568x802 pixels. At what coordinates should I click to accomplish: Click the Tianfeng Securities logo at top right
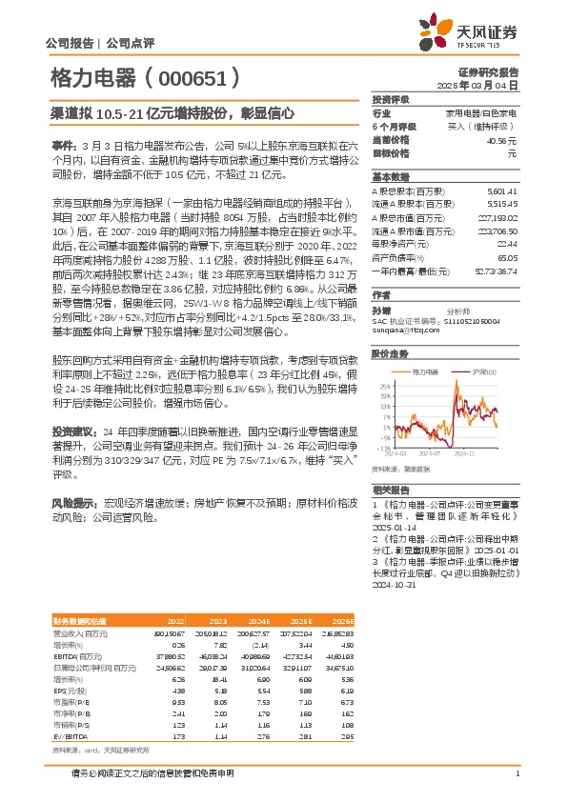click(485, 33)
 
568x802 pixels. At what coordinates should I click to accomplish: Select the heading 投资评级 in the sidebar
click(390, 99)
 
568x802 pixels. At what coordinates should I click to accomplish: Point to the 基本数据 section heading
click(390, 177)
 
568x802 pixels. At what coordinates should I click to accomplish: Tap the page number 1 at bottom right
click(517, 773)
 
